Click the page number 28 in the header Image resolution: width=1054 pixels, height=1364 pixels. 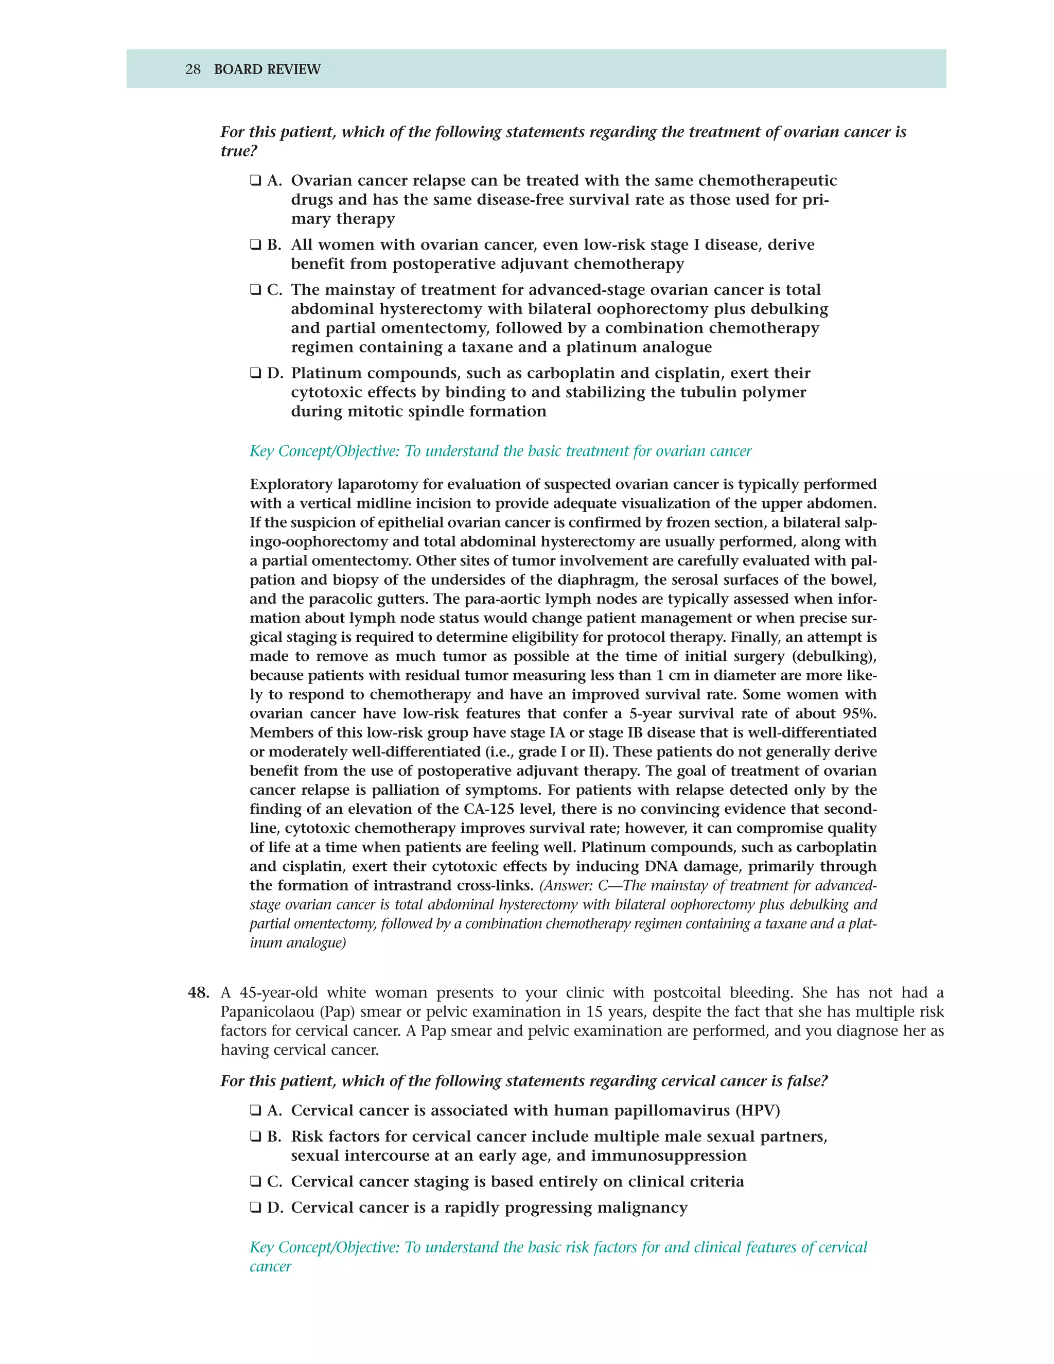point(193,69)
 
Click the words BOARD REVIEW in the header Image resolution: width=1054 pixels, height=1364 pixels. point(267,69)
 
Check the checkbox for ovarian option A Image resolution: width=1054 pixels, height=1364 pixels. point(255,181)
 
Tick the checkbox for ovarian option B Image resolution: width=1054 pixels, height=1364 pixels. point(255,245)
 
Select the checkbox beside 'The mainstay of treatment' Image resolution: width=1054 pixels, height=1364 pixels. point(255,290)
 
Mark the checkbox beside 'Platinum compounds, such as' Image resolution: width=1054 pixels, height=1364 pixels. point(255,374)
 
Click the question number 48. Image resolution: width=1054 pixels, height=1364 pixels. point(199,993)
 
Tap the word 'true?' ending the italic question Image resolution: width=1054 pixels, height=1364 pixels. point(238,152)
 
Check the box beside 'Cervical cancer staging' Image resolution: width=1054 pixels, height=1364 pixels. point(255,1182)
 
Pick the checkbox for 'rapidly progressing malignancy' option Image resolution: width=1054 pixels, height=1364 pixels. point(255,1208)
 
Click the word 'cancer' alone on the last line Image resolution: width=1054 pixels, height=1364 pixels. point(270,1267)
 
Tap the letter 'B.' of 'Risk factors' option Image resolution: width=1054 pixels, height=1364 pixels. point(274,1136)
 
